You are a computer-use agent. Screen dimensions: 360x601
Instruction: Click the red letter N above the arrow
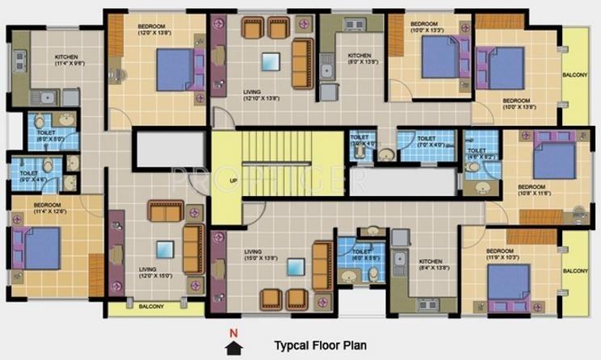pyautogui.click(x=233, y=333)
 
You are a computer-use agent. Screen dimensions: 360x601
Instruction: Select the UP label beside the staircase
pyautogui.click(x=233, y=179)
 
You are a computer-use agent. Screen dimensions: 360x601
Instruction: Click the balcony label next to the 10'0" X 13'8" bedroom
pyautogui.click(x=575, y=74)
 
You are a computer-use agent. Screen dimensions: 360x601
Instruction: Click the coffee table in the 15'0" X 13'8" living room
pyautogui.click(x=296, y=266)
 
